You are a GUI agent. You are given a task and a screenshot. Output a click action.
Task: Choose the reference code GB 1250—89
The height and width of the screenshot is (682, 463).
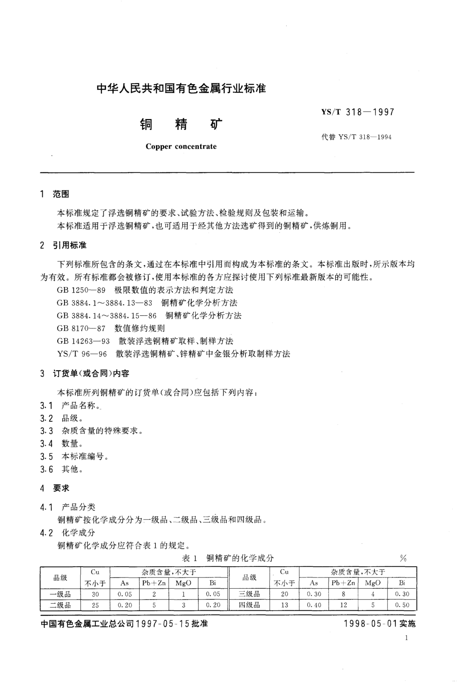[x=81, y=290]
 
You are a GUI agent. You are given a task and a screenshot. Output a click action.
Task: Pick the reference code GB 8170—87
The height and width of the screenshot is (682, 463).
[x=81, y=328]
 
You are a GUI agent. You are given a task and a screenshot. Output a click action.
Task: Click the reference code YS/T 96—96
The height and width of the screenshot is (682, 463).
[x=82, y=354]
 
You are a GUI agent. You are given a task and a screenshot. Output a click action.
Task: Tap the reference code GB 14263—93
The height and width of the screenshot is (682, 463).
[x=83, y=341]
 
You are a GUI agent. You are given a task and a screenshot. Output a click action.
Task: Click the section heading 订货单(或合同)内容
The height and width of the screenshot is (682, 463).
[x=91, y=374]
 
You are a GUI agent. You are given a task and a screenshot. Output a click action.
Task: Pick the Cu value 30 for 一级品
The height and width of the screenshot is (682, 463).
[x=95, y=594]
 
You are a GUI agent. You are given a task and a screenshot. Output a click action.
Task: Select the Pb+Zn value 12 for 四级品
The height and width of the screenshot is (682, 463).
[x=343, y=605]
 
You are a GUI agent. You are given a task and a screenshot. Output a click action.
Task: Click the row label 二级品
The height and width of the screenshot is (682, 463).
[x=60, y=605]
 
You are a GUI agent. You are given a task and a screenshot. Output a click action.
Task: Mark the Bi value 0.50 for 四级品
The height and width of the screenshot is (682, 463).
[x=402, y=605]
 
